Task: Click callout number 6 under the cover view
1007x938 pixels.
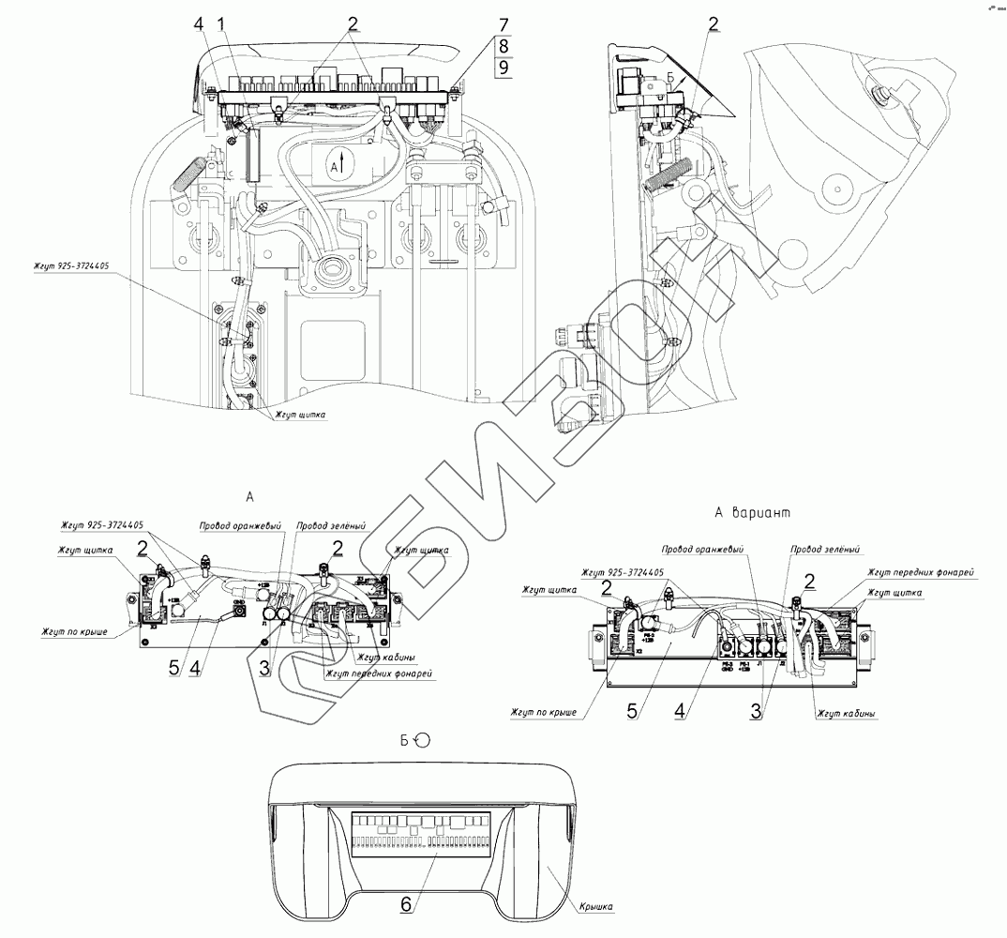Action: tap(406, 904)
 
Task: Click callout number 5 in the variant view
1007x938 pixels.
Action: tap(634, 711)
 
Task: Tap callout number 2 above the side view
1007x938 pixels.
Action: tap(714, 25)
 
